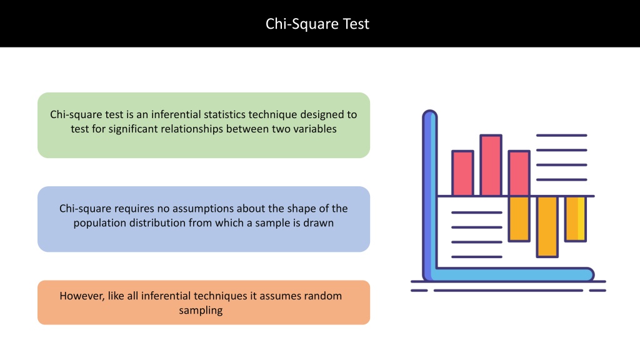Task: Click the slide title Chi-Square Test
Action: click(317, 24)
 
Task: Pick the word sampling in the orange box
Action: click(201, 310)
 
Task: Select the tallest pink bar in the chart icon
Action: click(491, 165)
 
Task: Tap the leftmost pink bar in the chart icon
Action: click(463, 173)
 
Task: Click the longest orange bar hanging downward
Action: click(547, 226)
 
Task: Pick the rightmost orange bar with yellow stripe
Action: click(576, 219)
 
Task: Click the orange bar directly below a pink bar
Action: click(519, 219)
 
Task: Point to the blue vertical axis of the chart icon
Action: click(429, 195)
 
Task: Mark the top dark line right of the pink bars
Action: click(562, 135)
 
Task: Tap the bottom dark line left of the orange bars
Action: click(477, 257)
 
